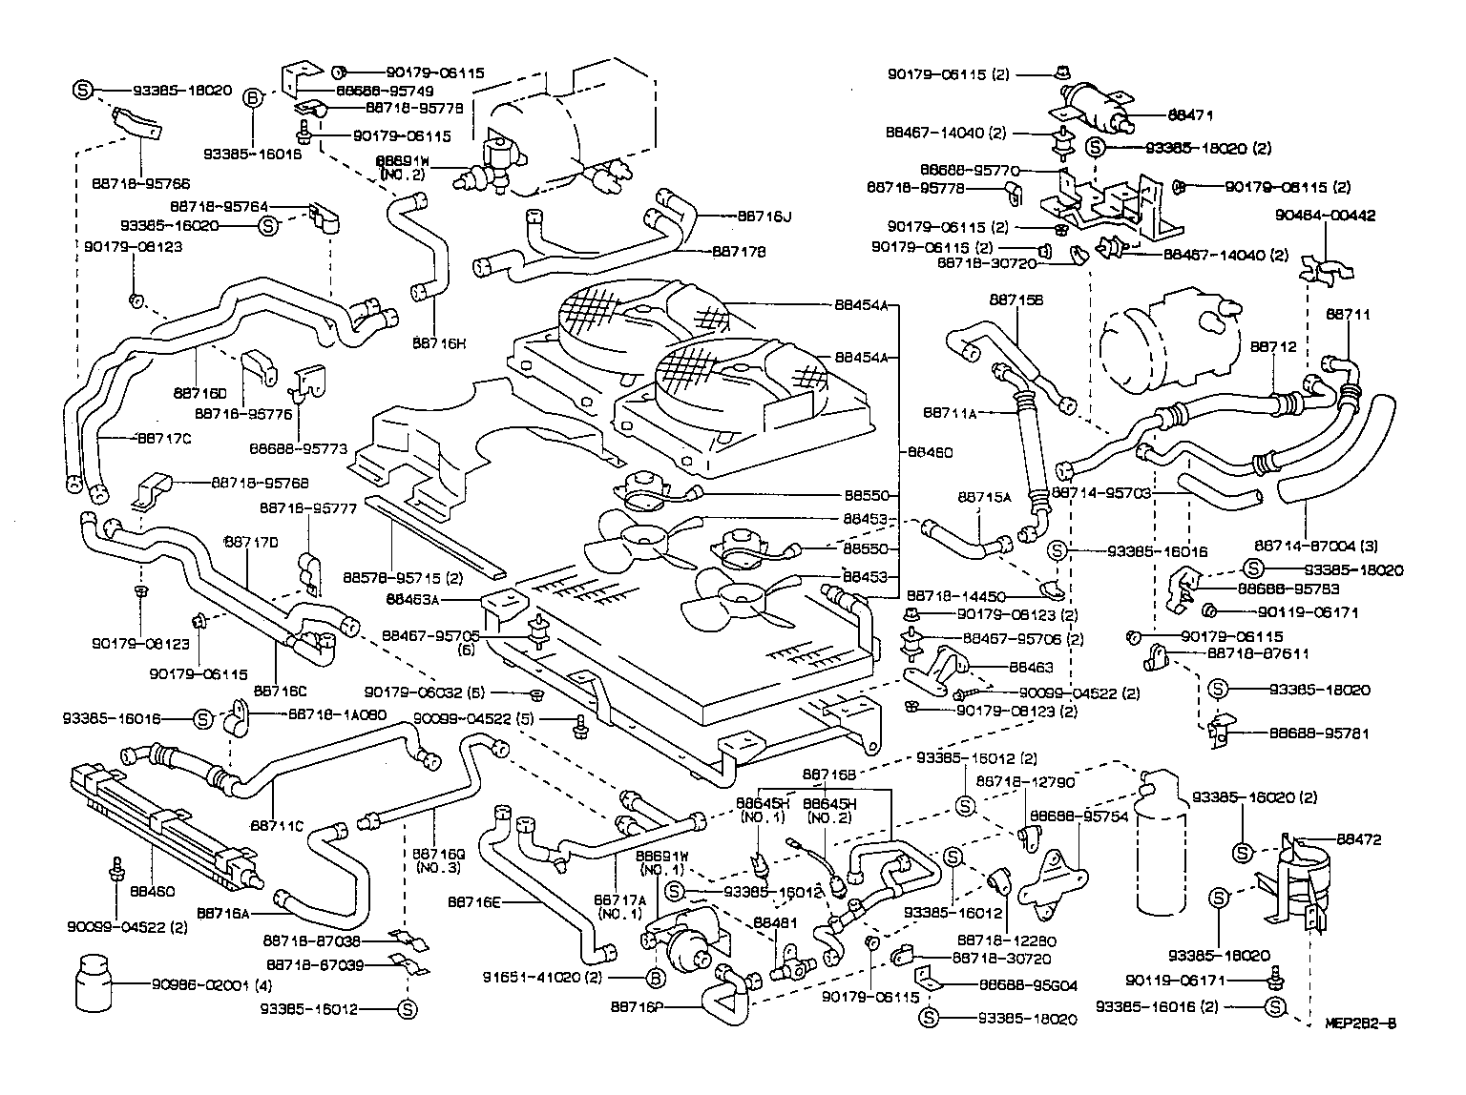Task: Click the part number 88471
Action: click(1190, 114)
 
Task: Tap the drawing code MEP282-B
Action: click(1360, 1024)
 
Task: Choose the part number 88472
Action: click(1358, 839)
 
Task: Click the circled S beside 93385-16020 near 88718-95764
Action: click(268, 226)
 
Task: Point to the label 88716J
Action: click(764, 217)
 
